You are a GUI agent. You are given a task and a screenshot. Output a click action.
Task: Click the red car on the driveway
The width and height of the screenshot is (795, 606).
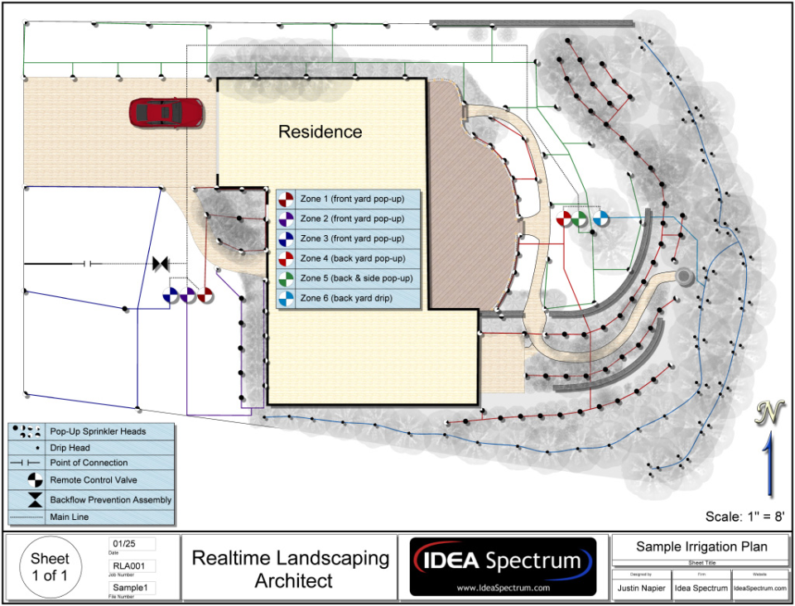[166, 112]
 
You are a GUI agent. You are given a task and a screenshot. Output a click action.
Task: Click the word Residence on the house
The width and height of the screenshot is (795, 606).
[320, 132]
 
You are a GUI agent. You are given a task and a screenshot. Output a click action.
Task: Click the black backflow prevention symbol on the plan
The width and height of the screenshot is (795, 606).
[161, 264]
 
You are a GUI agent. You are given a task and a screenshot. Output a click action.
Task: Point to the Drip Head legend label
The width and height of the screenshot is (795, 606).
[70, 448]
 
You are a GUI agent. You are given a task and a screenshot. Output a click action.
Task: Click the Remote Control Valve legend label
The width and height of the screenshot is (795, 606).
[93, 480]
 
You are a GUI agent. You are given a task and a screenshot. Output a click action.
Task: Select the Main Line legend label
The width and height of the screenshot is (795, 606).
[69, 517]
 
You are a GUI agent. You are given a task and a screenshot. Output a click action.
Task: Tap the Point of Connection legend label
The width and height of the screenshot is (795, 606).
[89, 463]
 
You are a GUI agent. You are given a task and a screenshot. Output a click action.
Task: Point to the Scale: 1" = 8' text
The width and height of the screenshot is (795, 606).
[744, 516]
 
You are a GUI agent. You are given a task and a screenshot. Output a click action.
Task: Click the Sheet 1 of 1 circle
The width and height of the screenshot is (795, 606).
[50, 568]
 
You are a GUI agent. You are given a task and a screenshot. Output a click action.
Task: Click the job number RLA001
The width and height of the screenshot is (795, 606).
[127, 565]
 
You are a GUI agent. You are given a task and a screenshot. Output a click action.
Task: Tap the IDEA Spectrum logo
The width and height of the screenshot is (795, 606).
[503, 566]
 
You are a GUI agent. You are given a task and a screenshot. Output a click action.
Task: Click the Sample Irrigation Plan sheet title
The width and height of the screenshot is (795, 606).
[701, 546]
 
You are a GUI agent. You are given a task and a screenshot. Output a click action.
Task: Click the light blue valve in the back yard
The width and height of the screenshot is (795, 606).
[600, 218]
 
